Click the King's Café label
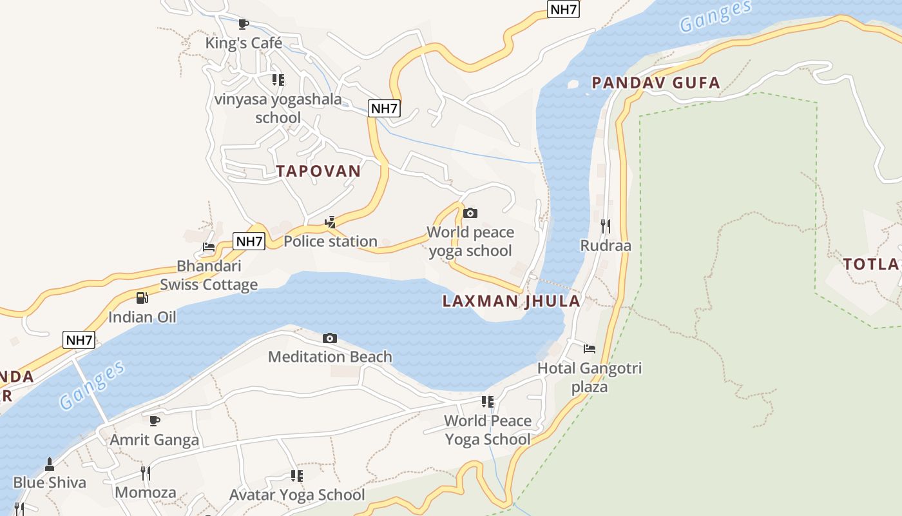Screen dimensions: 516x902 pos(244,43)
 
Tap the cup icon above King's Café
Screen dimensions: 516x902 pos(244,25)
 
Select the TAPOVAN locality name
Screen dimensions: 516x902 pos(318,171)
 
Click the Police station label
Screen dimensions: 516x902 pos(331,241)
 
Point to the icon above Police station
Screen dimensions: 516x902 pos(331,223)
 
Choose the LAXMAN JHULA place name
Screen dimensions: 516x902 pos(512,301)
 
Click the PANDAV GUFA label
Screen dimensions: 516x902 pos(656,83)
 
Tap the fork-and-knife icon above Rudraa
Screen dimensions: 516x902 pos(606,226)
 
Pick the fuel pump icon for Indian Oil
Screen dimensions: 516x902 pos(142,298)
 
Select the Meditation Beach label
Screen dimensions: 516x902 pos(330,357)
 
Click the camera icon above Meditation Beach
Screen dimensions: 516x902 pos(330,338)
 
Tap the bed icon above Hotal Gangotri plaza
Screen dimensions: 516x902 pos(590,350)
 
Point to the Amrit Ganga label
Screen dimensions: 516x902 pos(155,440)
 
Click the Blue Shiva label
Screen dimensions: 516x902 pos(50,482)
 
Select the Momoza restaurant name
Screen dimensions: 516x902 pos(146,493)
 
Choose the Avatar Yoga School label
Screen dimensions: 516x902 pos(297,495)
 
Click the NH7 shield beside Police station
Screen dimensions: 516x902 pos(249,241)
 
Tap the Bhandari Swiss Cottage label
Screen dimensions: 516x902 pos(209,275)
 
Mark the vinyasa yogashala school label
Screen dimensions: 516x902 pos(278,108)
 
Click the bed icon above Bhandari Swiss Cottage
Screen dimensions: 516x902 pos(209,247)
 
